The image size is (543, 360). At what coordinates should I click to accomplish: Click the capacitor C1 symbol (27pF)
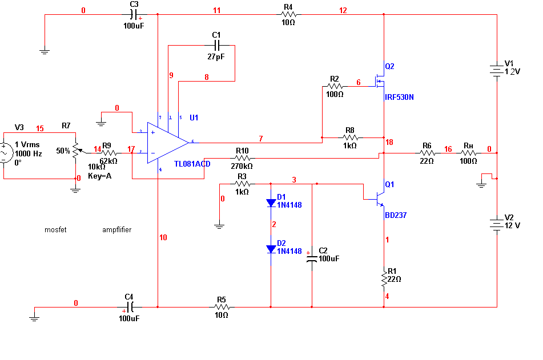click(216, 45)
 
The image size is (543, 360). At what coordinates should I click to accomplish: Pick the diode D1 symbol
click(271, 203)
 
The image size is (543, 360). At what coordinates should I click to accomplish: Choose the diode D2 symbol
click(271, 249)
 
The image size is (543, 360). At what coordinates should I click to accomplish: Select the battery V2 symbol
click(497, 225)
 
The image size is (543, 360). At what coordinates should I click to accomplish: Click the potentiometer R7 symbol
click(75, 151)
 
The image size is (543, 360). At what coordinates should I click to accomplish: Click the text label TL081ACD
click(192, 164)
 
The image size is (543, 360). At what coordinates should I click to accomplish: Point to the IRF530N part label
click(399, 98)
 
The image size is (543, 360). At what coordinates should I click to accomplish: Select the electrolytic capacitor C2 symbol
click(312, 258)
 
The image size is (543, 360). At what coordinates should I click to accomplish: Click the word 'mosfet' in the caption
click(56, 230)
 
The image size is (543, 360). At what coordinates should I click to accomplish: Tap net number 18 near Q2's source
click(389, 142)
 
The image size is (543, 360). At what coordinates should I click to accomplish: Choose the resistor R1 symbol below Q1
click(384, 278)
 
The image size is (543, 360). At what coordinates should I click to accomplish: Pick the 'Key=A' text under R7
click(99, 176)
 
